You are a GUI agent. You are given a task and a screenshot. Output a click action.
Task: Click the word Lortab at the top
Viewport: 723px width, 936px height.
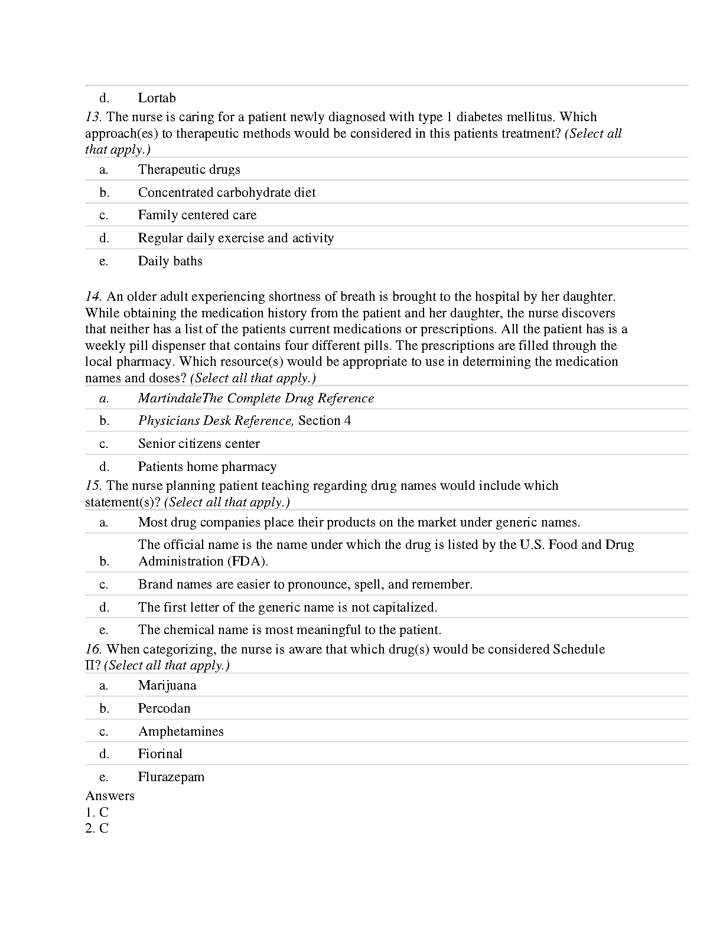tap(157, 98)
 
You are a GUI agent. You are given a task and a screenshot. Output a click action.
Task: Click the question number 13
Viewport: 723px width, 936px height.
tap(93, 117)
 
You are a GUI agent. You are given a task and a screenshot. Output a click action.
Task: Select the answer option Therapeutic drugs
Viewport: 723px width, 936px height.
tap(189, 170)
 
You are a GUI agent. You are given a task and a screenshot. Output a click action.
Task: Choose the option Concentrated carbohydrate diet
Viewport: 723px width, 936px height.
tap(227, 193)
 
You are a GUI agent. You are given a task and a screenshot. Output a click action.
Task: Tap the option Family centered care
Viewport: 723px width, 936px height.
tap(197, 215)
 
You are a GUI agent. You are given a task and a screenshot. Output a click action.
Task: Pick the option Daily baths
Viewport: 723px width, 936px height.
tap(170, 261)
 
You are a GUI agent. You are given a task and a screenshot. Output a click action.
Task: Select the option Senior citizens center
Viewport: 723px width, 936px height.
tap(199, 444)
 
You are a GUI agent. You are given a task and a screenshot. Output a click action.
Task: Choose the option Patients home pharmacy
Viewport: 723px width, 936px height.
tap(207, 467)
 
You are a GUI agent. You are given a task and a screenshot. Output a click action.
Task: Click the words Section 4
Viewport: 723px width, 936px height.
tap(324, 421)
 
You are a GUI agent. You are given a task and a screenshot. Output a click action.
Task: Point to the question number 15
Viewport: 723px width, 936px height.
tap(93, 486)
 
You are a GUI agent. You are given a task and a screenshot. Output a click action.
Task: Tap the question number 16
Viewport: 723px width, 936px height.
tap(93, 649)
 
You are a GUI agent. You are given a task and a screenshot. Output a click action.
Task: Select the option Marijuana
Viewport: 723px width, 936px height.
tap(167, 685)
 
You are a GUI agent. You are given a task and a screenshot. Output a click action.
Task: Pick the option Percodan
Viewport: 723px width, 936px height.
tap(164, 708)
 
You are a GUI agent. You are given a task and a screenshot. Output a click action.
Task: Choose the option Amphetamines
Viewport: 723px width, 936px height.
tap(181, 732)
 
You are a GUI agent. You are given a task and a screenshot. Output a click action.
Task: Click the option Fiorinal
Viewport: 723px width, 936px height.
tap(160, 754)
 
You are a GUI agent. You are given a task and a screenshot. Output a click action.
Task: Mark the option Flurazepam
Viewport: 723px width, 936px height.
tap(171, 777)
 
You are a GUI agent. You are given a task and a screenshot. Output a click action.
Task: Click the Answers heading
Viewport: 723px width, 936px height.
tap(110, 796)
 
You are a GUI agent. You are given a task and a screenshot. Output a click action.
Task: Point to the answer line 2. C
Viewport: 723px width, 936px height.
tap(97, 828)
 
